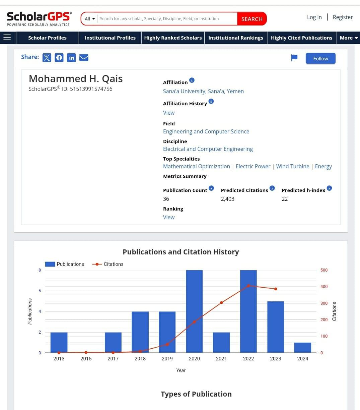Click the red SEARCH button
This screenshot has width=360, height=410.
pyautogui.click(x=252, y=19)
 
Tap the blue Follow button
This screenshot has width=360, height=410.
pyautogui.click(x=320, y=58)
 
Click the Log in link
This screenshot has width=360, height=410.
pyautogui.click(x=314, y=17)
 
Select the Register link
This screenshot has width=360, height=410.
pyautogui.click(x=343, y=17)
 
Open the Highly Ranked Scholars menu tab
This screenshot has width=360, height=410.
pyautogui.click(x=173, y=38)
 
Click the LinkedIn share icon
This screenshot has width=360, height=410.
pyautogui.click(x=71, y=58)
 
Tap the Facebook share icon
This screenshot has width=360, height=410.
pyautogui.click(x=59, y=58)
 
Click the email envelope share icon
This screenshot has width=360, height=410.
pyautogui.click(x=84, y=58)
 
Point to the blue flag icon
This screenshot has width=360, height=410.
pyautogui.click(x=294, y=58)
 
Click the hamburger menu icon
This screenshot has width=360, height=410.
pyautogui.click(x=7, y=38)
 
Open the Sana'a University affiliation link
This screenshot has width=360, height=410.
pyautogui.click(x=203, y=91)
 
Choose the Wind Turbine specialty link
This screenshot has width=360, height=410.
pyautogui.click(x=292, y=166)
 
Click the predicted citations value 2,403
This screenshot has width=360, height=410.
pyautogui.click(x=227, y=199)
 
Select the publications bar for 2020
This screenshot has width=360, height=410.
pyautogui.click(x=194, y=311)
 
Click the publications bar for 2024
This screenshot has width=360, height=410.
pyautogui.click(x=303, y=348)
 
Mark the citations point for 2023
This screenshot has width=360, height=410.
pyautogui.click(x=276, y=289)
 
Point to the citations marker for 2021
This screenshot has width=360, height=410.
pyautogui.click(x=221, y=303)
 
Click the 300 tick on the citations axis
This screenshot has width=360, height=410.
pyautogui.click(x=324, y=303)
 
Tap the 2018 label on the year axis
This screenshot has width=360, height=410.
pyautogui.click(x=140, y=359)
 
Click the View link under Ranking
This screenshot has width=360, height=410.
pyautogui.click(x=169, y=217)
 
